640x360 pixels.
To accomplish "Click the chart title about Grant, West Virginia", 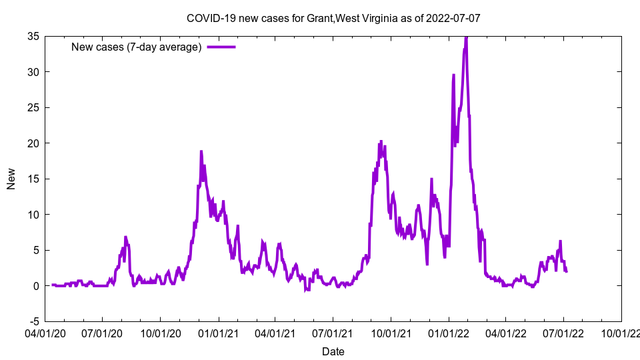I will pos(333,18).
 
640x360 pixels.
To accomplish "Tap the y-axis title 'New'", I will pos(11,179).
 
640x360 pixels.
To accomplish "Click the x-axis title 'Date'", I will pos(333,351).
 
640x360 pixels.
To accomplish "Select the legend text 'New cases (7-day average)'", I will pos(136,47).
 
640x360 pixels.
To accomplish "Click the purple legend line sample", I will pos(221,47).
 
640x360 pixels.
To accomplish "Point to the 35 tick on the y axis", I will pos(32,36).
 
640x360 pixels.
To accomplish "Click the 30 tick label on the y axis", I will pos(32,72).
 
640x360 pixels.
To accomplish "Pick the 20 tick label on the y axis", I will pos(32,143).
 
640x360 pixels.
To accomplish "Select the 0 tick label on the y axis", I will pos(35,286).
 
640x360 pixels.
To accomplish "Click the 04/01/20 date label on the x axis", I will pos(45,331).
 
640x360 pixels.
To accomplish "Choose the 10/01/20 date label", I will pos(160,331).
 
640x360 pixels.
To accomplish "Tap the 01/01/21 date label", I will pos(218,331).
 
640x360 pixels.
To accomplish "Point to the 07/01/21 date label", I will pos(333,331).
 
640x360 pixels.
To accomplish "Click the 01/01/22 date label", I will pos(449,331).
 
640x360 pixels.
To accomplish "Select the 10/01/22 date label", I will pos(621,331).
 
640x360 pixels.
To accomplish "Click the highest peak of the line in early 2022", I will pos(466,37).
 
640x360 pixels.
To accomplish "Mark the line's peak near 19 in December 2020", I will pos(201,151).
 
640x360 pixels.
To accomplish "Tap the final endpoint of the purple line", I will pos(567,271).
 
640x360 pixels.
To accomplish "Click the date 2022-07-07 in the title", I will pos(455,18).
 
